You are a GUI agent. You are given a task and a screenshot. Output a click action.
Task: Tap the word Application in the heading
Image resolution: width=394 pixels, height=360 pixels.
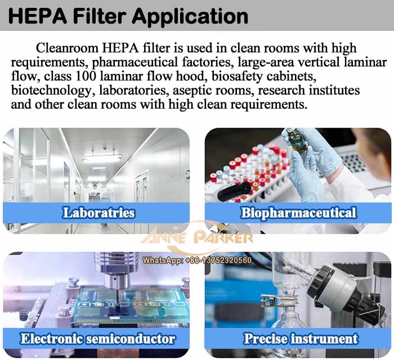click(x=190, y=17)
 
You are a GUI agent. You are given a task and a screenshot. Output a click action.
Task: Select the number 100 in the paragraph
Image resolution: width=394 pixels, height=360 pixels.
click(x=86, y=76)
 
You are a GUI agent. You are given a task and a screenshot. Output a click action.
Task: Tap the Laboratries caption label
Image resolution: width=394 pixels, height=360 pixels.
click(x=98, y=213)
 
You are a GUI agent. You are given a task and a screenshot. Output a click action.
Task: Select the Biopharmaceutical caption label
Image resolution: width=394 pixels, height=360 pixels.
click(x=298, y=213)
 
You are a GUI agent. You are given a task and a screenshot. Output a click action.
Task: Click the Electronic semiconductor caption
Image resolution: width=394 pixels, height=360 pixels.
click(x=98, y=339)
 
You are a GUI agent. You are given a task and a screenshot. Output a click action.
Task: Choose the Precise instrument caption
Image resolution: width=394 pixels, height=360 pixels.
click(x=301, y=339)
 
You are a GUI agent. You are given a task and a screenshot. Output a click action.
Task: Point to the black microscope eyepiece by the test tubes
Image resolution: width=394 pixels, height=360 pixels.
click(x=234, y=192)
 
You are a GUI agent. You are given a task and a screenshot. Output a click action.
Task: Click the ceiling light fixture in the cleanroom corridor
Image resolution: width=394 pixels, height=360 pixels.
click(x=102, y=157)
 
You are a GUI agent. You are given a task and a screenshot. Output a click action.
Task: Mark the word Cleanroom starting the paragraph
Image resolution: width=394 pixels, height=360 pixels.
click(x=67, y=48)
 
